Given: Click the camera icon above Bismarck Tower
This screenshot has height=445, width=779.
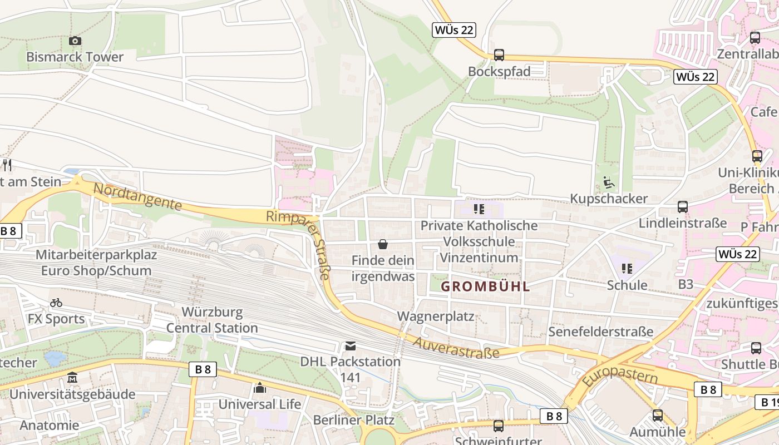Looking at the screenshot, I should (x=75, y=41).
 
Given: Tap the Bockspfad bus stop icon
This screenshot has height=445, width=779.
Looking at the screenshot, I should (x=499, y=55).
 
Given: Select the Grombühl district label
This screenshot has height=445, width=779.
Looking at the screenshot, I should (x=485, y=287).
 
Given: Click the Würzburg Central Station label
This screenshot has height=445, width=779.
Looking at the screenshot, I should (x=212, y=320).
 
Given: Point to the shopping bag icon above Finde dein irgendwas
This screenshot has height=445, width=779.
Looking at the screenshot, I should (x=383, y=244).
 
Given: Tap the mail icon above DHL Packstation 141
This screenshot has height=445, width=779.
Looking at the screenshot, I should (x=350, y=346).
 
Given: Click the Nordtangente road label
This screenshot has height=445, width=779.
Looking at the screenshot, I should (x=137, y=197).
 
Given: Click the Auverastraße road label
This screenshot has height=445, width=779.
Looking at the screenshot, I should (x=456, y=346).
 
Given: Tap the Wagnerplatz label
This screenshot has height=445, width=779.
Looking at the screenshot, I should (x=436, y=317).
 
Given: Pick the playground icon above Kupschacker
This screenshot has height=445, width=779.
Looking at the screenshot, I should (x=609, y=182).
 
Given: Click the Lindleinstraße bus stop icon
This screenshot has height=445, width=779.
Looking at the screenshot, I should (x=683, y=207).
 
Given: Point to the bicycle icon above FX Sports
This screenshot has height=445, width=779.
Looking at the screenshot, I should (x=56, y=303).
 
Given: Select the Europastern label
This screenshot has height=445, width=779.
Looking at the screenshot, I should (x=619, y=376).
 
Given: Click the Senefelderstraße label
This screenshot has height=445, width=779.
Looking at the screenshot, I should (x=600, y=332).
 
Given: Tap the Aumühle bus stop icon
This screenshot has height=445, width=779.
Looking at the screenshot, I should (x=658, y=416).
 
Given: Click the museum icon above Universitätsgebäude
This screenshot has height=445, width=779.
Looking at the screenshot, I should (x=72, y=378).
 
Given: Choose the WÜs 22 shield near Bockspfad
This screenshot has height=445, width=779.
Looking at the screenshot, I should (x=454, y=30).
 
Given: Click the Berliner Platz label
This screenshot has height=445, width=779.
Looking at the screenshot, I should (x=354, y=420).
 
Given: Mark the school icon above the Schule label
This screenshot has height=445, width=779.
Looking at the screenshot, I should (x=627, y=269).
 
